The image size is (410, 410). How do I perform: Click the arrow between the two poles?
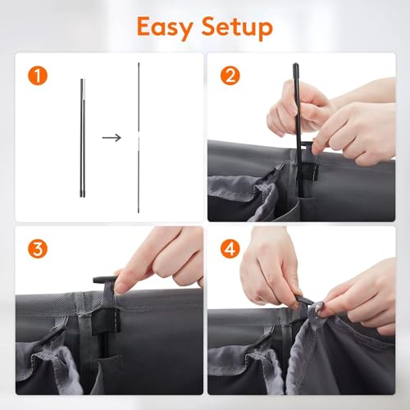112,137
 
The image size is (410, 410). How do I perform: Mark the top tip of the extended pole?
139,63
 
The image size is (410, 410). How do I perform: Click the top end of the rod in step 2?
294,66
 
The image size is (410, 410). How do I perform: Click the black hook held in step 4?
306,303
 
